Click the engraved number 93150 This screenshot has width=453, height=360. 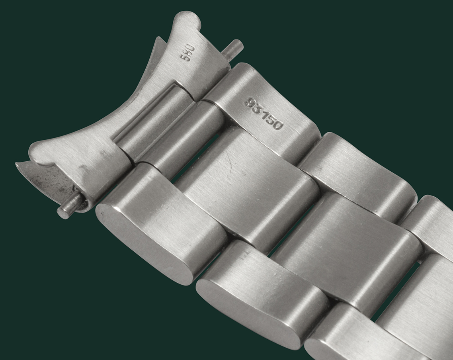[x=264, y=113]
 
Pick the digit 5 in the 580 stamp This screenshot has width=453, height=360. [x=187, y=58]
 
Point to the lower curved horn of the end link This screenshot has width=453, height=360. [x=43, y=150]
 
